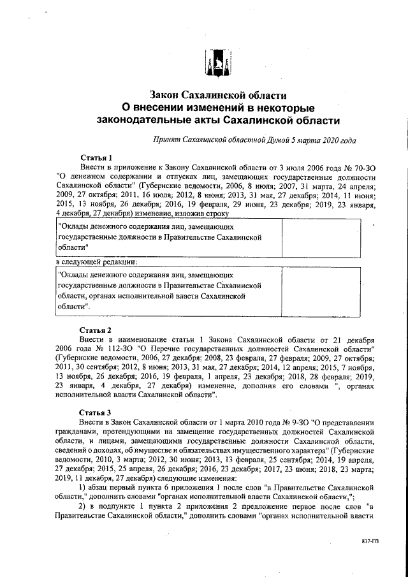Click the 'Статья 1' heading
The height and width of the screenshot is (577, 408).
pyautogui.click(x=96, y=157)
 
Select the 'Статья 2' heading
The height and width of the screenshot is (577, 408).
pyautogui.click(x=96, y=330)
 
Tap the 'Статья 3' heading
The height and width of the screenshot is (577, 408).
pyautogui.click(x=96, y=412)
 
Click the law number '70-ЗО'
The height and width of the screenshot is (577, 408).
pyautogui.click(x=365, y=167)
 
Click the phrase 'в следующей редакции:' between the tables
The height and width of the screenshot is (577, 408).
pyautogui.click(x=96, y=261)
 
